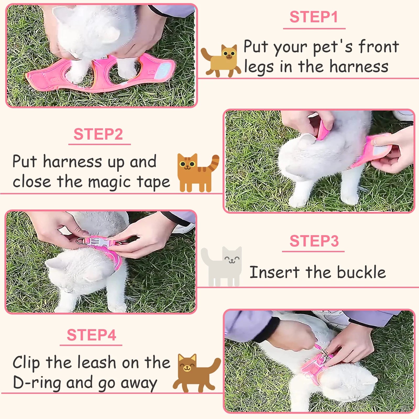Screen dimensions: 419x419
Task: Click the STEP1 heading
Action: pyautogui.click(x=313, y=17)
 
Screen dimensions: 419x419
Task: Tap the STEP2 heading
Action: pyautogui.click(x=98, y=134)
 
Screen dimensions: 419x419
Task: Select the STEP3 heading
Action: pyautogui.click(x=314, y=241)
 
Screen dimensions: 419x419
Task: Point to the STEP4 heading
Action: pyautogui.click(x=91, y=335)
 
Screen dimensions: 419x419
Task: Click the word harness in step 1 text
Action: pyautogui.click(x=359, y=67)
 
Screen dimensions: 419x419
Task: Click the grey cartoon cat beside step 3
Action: pyautogui.click(x=222, y=266)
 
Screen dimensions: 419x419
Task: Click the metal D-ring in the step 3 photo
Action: pyautogui.click(x=82, y=241)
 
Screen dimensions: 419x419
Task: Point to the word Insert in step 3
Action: pyautogui.click(x=274, y=272)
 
